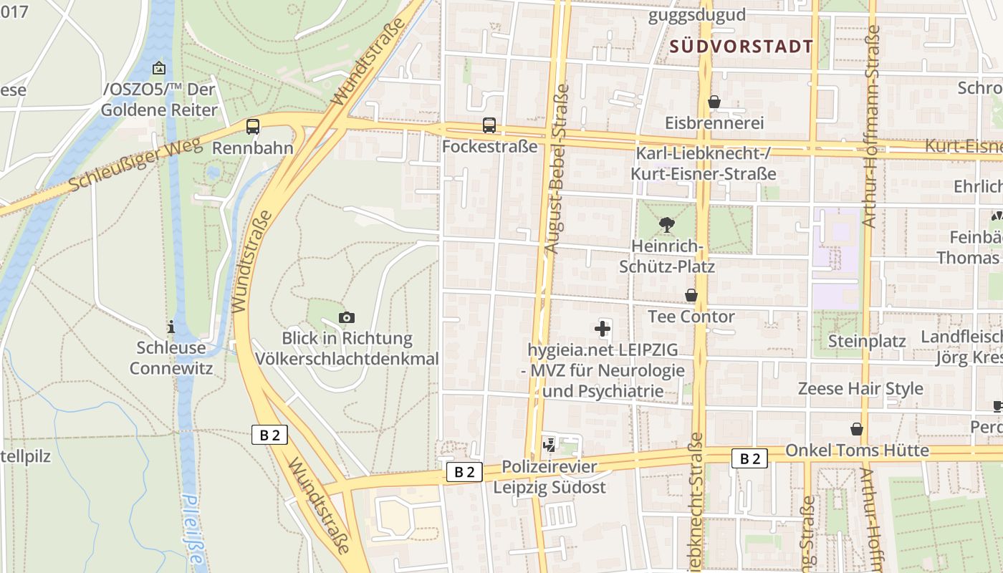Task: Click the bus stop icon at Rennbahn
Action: pos(253,127)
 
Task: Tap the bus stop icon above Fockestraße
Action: pos(489,125)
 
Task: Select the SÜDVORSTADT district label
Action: pos(742,47)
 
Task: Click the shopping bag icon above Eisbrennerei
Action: pos(714,102)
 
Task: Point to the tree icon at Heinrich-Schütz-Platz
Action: pos(667,225)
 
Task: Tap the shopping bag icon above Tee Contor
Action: pos(691,295)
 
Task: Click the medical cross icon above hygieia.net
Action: pos(603,329)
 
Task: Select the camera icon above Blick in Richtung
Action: pos(347,317)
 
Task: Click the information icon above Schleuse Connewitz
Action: pos(171,327)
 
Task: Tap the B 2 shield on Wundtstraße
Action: pos(269,435)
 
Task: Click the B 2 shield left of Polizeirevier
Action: pos(464,471)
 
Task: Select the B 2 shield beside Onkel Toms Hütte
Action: pos(749,458)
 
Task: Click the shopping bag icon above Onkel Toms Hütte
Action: pos(856,429)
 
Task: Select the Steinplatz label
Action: pos(867,341)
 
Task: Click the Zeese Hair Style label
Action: pos(860,389)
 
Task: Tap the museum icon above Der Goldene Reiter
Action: pos(158,69)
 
